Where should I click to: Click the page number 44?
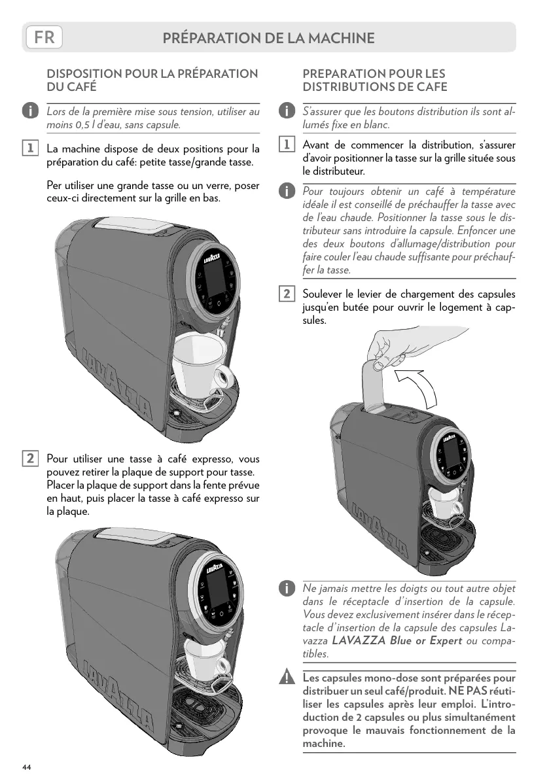coord(26,766)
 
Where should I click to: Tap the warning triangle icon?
coord(286,678)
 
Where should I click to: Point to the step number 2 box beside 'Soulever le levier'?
coord(286,294)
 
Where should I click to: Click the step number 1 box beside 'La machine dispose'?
coord(29,148)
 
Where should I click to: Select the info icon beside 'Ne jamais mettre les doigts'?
coord(286,590)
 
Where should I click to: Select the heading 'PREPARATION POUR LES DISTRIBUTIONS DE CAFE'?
coord(375,80)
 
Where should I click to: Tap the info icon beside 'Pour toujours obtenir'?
coord(286,191)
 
